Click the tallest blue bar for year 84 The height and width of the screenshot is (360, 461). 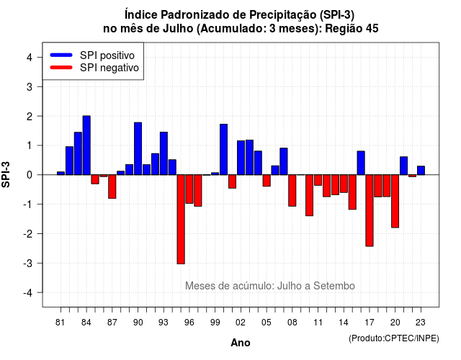86,145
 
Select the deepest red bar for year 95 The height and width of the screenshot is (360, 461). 181,219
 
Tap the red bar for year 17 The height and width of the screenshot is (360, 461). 370,210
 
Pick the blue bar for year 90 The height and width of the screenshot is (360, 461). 138,149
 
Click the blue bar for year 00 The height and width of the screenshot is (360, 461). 224,149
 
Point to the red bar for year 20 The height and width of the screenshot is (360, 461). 395,202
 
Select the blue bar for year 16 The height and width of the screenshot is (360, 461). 361,163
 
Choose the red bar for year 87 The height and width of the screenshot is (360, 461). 112,186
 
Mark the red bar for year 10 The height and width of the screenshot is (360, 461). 309,195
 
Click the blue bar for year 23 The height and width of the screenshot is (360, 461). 421,171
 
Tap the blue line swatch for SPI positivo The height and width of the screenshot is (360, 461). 61,55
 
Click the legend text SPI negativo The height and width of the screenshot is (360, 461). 109,68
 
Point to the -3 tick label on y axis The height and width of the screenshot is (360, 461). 29,263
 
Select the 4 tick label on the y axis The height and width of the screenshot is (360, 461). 30,58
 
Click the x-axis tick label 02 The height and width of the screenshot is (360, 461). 240,323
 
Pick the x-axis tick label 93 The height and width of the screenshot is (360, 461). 164,323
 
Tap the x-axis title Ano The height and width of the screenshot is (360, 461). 241,343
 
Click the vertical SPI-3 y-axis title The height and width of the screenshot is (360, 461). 6,174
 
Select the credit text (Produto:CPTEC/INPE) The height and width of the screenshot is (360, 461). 394,338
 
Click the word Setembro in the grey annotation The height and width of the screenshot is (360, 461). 334,286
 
